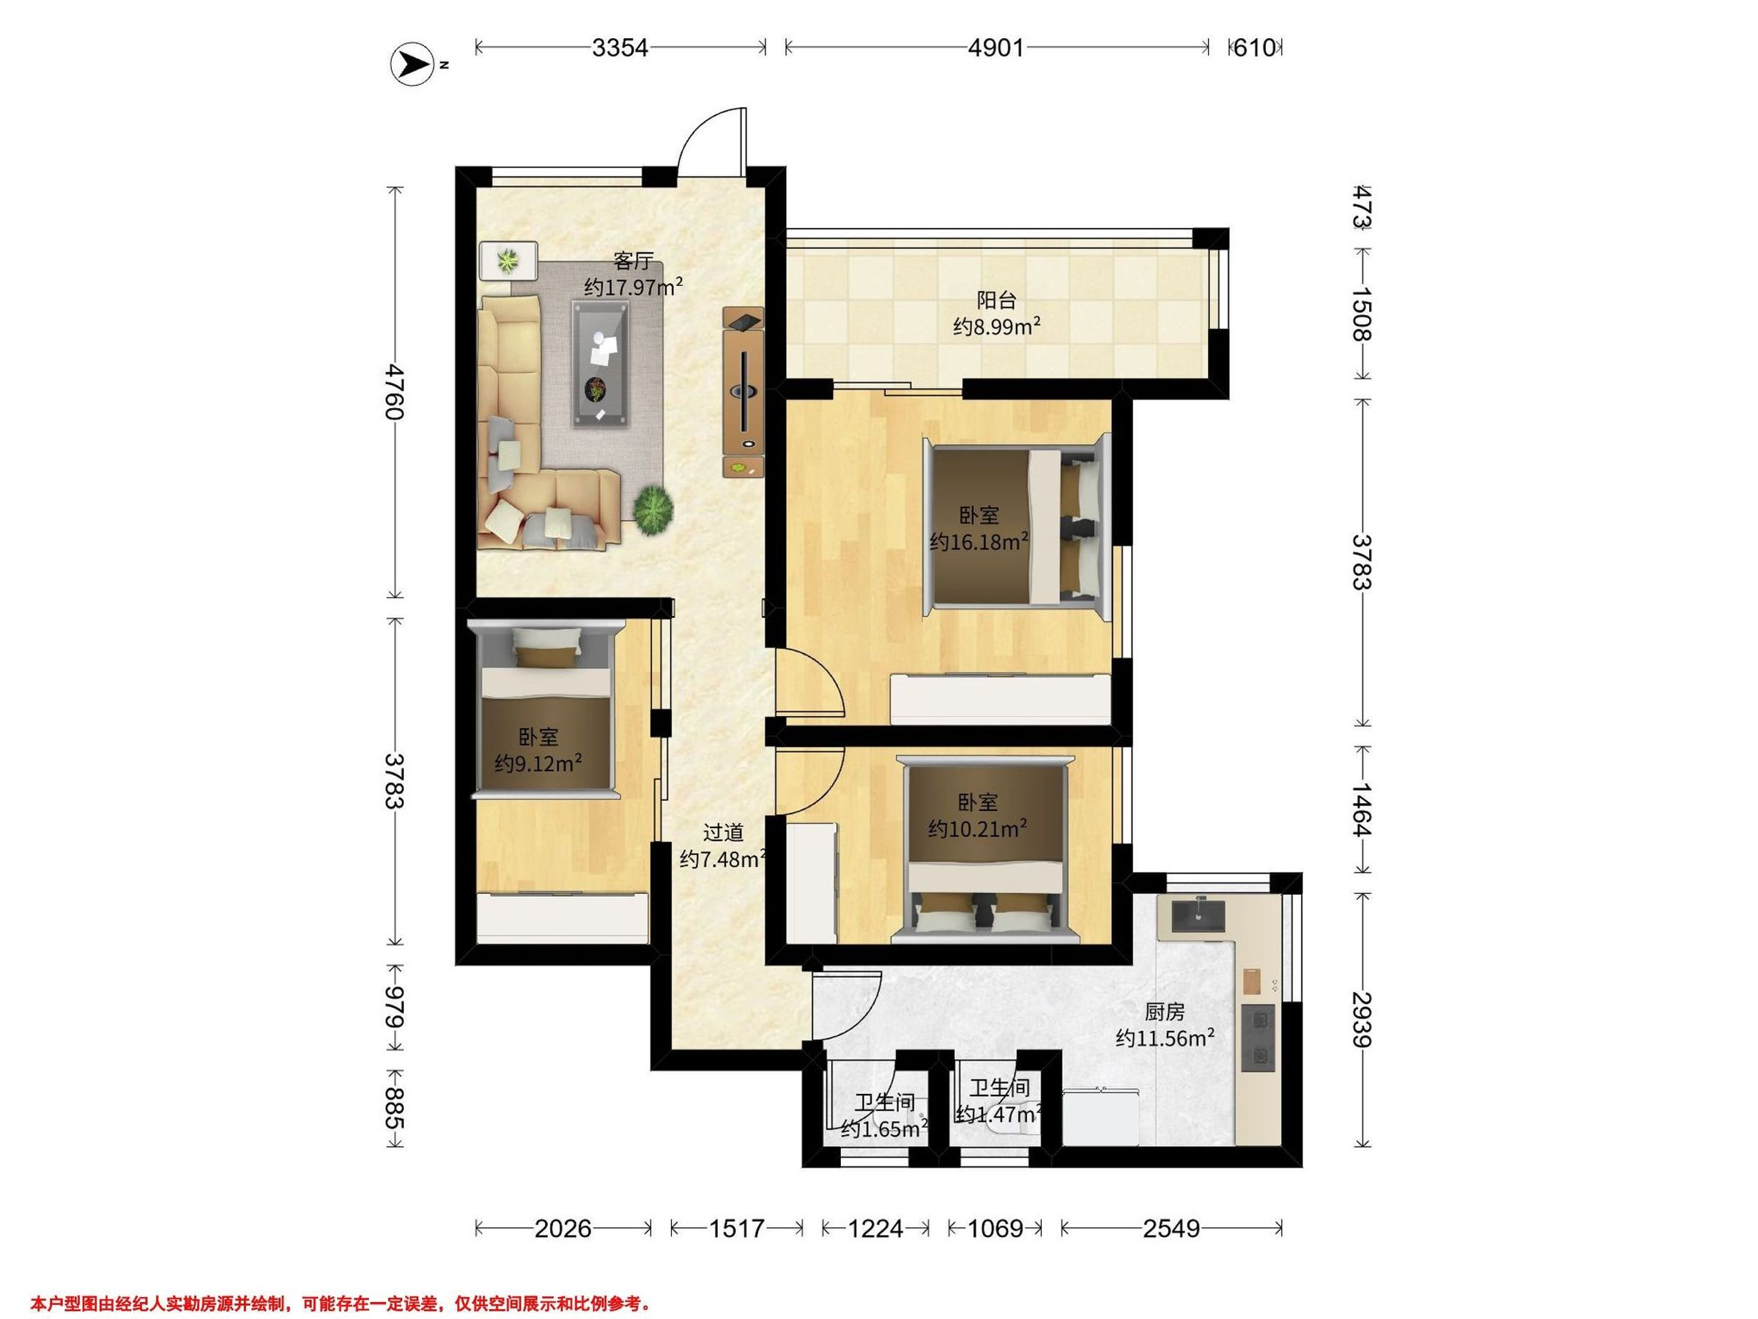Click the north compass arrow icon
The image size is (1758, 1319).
coord(412,64)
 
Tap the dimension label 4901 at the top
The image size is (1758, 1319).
coord(995,48)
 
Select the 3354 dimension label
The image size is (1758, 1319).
coord(620,48)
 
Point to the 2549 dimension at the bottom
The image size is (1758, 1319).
coord(1171,1228)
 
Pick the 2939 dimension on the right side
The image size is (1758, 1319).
coord(1362,1019)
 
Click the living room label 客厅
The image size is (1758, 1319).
coord(634,262)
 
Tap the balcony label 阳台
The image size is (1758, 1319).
coord(997,300)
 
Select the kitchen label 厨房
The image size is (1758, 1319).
coord(1165,1011)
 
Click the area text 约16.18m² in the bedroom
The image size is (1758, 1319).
coord(979,542)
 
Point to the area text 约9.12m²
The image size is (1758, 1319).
coord(538,764)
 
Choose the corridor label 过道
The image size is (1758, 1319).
coord(723,832)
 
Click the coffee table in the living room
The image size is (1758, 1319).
coord(601,364)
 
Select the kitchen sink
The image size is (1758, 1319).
coord(1198,916)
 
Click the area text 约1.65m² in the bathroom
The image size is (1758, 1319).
coord(885,1129)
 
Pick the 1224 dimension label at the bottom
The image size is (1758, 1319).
coord(875,1228)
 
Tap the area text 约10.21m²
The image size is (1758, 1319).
coord(978,829)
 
